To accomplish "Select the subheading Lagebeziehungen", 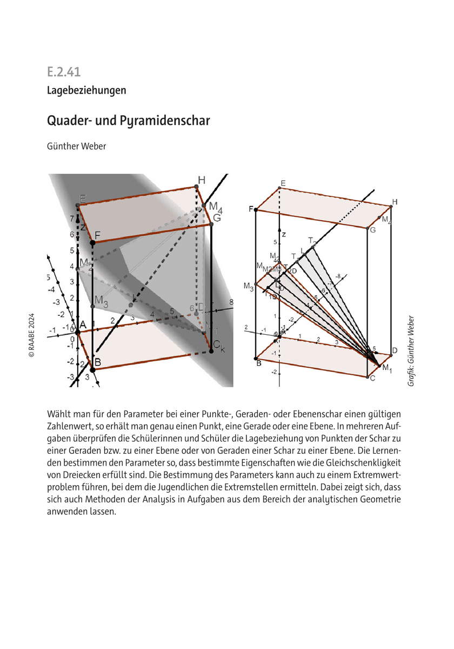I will click(86, 90).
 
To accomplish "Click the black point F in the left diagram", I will click(93, 244).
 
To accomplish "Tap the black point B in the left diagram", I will click(93, 370).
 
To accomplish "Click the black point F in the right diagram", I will click(256, 209).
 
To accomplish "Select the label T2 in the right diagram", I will click(312, 240).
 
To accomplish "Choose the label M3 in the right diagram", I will click(249, 286).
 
